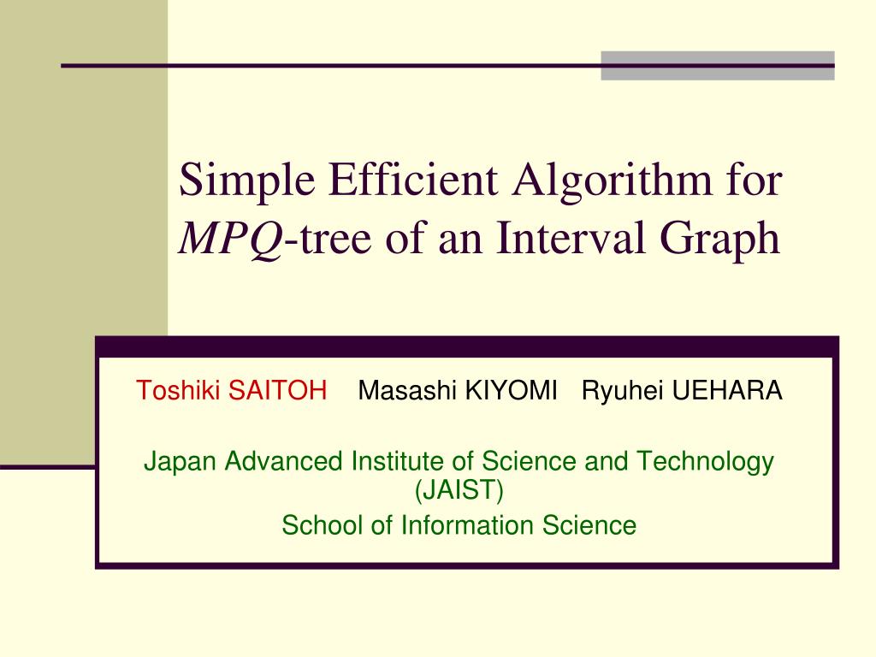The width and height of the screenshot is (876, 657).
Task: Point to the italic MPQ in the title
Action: click(230, 240)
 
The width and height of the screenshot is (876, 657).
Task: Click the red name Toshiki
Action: click(175, 391)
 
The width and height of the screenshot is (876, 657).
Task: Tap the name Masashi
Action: click(407, 391)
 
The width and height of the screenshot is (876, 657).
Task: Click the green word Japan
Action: click(181, 462)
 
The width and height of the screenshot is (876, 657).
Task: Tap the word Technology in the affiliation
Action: click(703, 462)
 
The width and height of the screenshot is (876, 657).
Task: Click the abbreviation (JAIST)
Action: click(459, 491)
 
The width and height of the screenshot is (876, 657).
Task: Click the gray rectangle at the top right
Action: click(717, 66)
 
